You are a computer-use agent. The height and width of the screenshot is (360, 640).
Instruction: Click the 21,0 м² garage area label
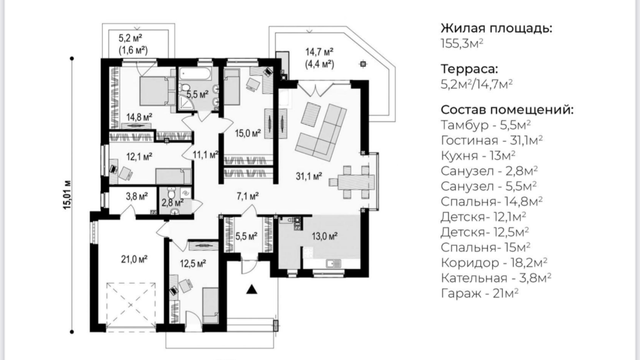[x=134, y=259]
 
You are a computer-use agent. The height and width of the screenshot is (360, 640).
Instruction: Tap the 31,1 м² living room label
[x=309, y=176]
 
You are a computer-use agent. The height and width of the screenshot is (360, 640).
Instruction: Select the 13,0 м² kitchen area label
[x=325, y=236]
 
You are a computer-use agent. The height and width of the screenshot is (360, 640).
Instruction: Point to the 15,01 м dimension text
[x=67, y=195]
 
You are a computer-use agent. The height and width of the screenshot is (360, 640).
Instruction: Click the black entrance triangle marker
[x=251, y=289]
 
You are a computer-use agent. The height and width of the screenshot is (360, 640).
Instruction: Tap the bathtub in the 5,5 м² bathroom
[x=195, y=74]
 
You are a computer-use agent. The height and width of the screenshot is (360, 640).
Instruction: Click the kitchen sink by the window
[x=333, y=264]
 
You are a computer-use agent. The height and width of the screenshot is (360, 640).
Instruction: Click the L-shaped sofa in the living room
[x=321, y=132]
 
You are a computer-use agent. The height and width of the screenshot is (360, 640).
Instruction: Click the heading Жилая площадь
[x=497, y=29]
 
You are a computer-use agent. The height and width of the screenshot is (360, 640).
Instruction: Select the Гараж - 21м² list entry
[x=480, y=293]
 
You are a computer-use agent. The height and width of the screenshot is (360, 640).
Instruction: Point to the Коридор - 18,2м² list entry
[x=494, y=263]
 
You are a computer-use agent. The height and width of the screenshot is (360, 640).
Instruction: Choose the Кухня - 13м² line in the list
[x=478, y=156]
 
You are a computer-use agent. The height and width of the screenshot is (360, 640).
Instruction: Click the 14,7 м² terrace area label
[x=320, y=52]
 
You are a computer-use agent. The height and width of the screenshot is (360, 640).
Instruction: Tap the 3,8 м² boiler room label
[x=137, y=196]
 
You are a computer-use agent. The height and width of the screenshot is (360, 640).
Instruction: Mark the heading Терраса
[x=469, y=69]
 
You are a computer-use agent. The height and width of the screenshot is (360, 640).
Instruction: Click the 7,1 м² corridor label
[x=248, y=196]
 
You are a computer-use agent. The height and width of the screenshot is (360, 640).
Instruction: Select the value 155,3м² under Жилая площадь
[x=462, y=44]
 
